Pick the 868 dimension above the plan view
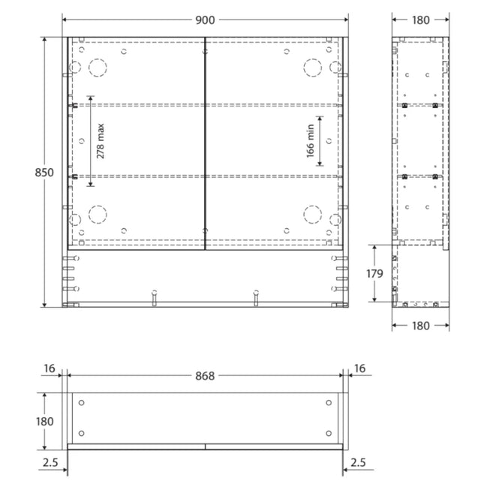tap(205, 376)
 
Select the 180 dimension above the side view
tap(421, 20)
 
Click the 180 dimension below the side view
tap(421, 326)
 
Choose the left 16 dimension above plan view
tap(50, 368)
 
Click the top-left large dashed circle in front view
tap(98, 68)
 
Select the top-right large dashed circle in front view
tap(311, 68)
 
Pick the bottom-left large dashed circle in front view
tap(98, 214)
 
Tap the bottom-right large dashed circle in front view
tap(311, 214)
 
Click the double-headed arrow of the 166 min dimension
tap(320, 141)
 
